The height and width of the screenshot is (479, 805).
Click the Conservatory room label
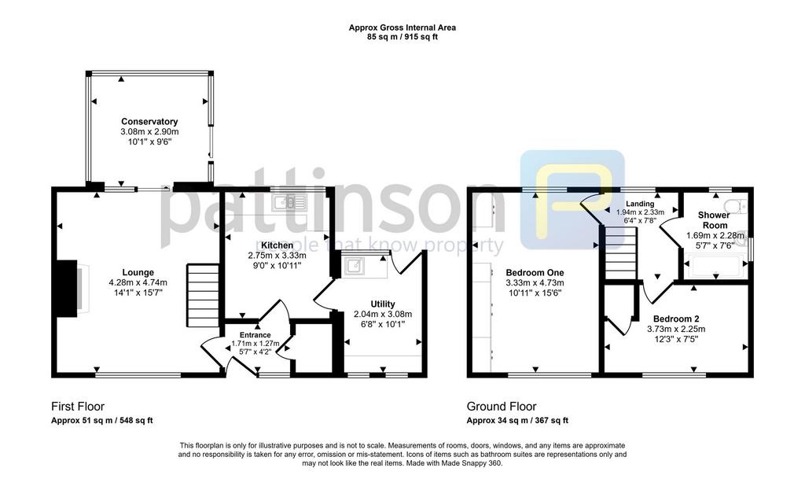[149, 122]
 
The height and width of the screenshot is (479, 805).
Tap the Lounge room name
[138, 273]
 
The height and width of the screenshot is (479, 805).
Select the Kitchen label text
[278, 245]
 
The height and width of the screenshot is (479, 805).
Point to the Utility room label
[383, 304]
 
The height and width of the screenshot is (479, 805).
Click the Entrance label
[255, 335]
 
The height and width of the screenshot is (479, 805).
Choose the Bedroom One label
[535, 273]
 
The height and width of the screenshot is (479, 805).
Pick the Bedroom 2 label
[676, 319]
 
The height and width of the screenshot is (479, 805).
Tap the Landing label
[640, 204]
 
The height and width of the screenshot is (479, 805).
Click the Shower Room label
[714, 220]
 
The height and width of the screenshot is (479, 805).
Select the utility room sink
[355, 267]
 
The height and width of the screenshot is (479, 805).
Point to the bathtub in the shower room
[715, 266]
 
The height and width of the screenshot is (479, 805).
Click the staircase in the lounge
[202, 295]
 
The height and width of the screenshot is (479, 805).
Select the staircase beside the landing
[620, 253]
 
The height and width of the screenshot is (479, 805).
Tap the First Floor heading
[78, 407]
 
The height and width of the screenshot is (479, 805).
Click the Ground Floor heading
[501, 407]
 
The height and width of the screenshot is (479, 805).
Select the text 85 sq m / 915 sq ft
[402, 37]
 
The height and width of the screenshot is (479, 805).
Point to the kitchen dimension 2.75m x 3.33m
[278, 255]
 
